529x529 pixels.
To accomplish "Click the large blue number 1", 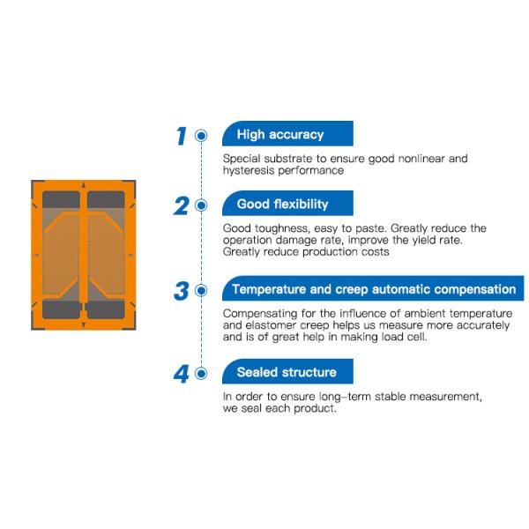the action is [181, 136].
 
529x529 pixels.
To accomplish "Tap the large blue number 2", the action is [181, 205].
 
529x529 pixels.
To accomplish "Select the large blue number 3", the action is [181, 291].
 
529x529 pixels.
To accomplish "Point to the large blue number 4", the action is [181, 374].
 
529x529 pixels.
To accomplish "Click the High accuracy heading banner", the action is [287, 134].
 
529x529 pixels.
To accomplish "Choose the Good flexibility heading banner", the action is [287, 203].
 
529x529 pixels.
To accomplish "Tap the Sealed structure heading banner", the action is [287, 371].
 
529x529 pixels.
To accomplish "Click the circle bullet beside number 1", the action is [201, 136].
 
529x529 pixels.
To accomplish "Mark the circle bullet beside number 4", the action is [201, 374].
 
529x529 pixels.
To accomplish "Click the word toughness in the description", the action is [282, 228].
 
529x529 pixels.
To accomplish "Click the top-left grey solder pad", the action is [61, 199].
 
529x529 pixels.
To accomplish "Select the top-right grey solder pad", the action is [106, 199].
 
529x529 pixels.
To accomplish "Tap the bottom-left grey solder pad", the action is [62, 309].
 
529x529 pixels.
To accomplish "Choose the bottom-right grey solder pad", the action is [105, 309].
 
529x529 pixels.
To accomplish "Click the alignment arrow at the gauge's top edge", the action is [84, 185].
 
